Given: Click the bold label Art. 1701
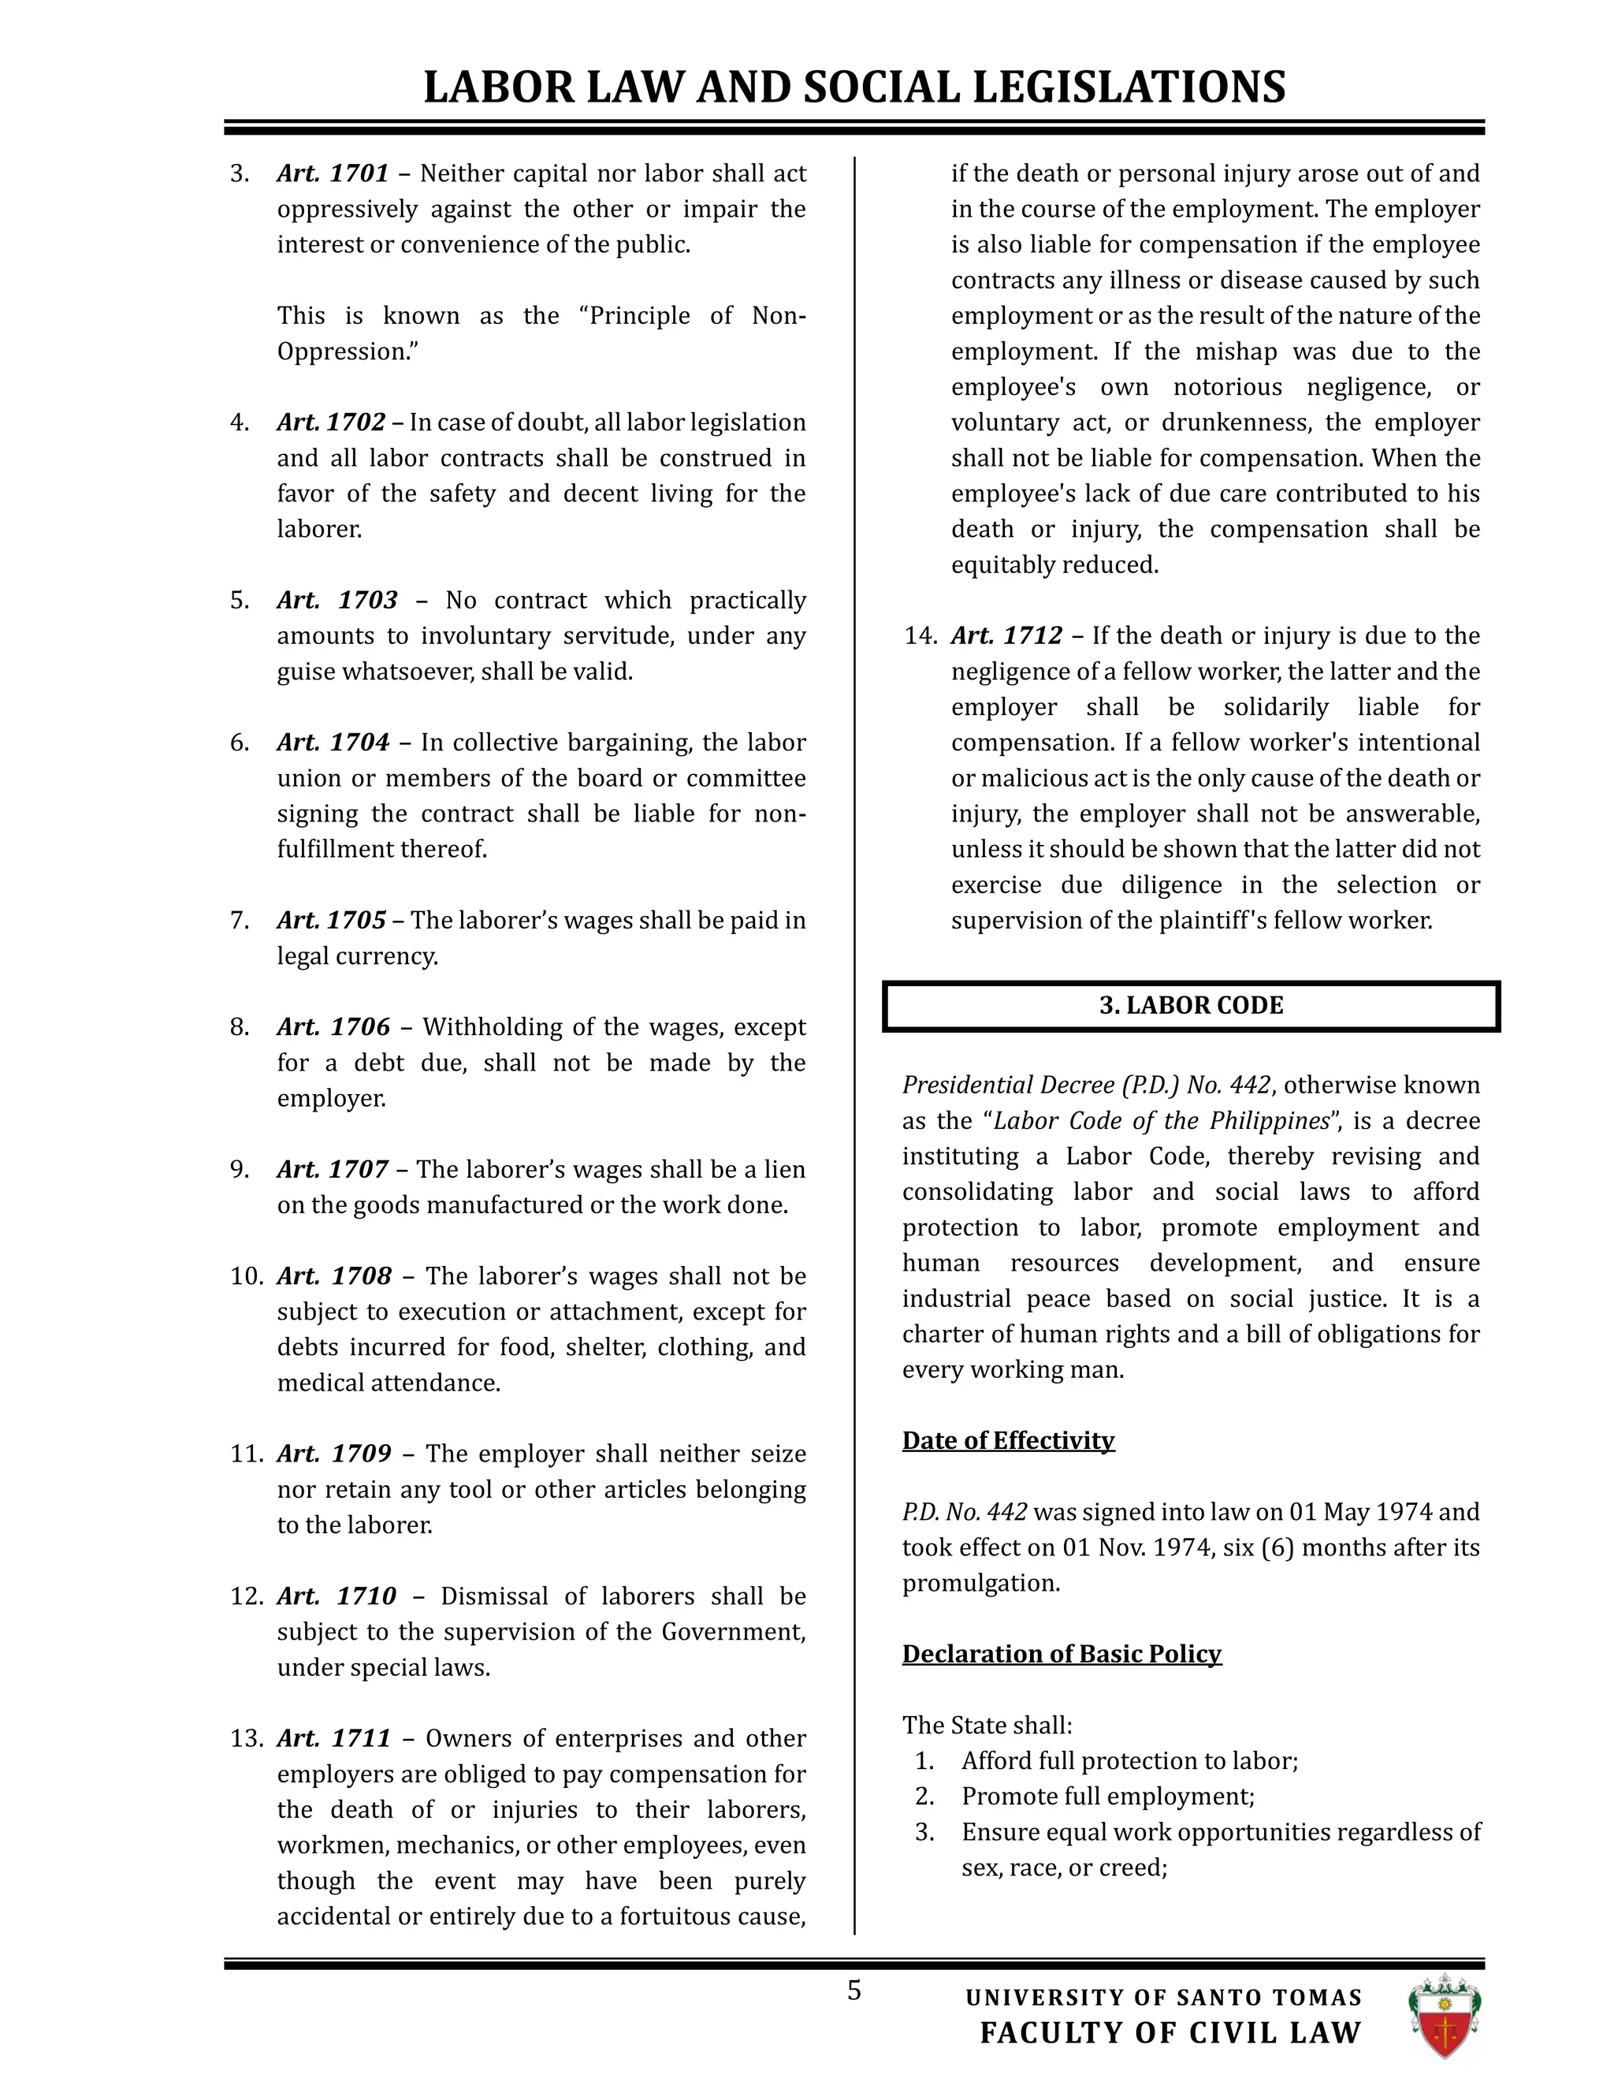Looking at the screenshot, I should [333, 173].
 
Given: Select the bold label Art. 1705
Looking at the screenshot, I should [331, 920].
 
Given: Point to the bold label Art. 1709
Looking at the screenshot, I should [333, 1453].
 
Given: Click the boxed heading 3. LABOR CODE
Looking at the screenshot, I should [1191, 1005].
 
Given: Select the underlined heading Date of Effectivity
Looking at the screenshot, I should [1008, 1440].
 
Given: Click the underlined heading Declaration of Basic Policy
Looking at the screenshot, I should [1062, 1654].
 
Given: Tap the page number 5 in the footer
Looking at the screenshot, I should [853, 1990].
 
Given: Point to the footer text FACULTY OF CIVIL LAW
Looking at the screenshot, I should [1170, 2032].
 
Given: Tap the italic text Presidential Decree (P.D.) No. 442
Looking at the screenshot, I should [1086, 1085].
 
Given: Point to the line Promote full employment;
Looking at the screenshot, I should [1107, 1797].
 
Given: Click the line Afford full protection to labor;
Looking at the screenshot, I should [1129, 1761].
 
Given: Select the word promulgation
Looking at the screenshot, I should [980, 1583].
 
